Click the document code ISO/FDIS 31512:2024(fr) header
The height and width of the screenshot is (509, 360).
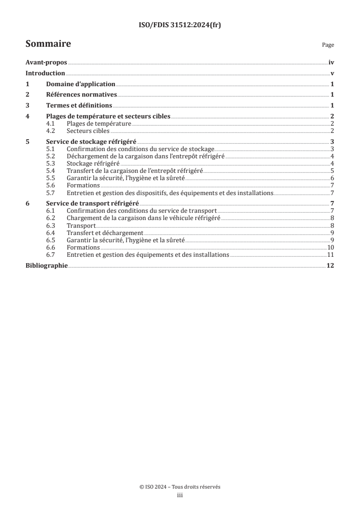[x=180, y=26]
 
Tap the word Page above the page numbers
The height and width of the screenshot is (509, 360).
[x=328, y=45]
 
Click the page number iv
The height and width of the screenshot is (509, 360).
[x=331, y=64]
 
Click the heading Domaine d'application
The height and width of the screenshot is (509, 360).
[x=81, y=84]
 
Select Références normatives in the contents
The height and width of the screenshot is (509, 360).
[x=82, y=95]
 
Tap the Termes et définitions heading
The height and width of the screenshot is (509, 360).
[x=79, y=106]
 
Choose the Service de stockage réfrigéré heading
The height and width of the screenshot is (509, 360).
[x=91, y=142]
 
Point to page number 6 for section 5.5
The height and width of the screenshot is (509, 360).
[x=333, y=177]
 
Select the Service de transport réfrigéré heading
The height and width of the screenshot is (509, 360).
[x=93, y=203]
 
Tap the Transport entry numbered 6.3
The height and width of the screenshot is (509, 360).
[x=81, y=225]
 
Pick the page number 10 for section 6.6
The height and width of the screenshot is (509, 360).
[x=331, y=247]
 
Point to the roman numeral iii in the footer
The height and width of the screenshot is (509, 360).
[x=180, y=496]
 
